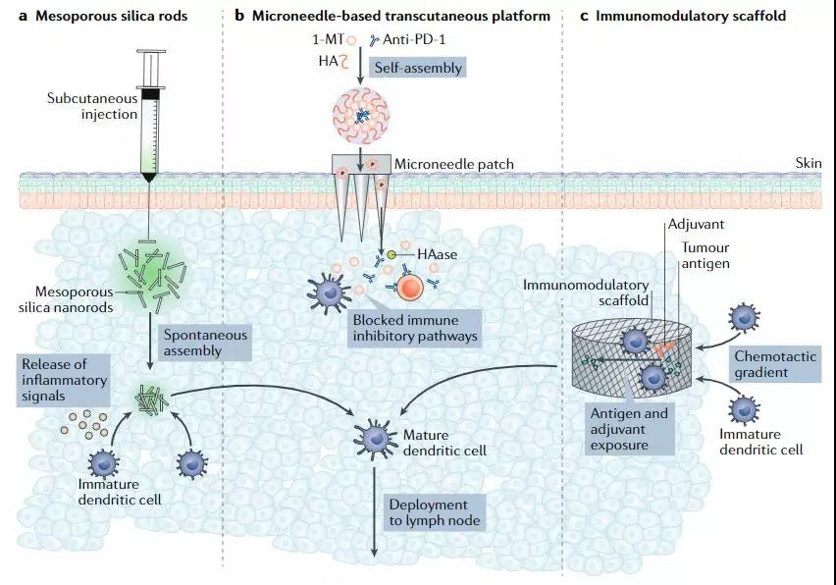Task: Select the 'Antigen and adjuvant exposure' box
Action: (x=628, y=429)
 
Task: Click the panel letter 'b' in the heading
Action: (x=239, y=17)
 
